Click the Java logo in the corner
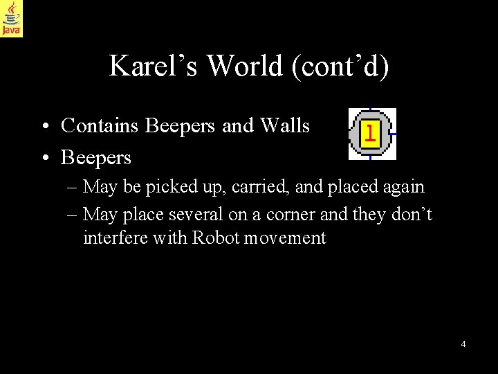(x=12, y=18)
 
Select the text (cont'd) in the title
(x=342, y=66)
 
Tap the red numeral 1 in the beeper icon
(x=371, y=132)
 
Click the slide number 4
(x=463, y=344)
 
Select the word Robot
(x=216, y=239)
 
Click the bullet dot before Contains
(x=44, y=126)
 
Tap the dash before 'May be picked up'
(x=73, y=187)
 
